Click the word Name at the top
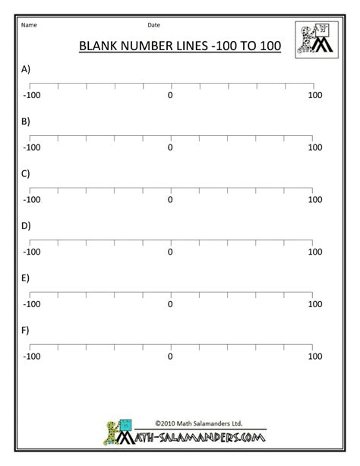(x=30, y=25)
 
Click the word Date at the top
(x=153, y=25)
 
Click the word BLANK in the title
(x=101, y=47)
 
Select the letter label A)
(x=26, y=69)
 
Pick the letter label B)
(x=26, y=121)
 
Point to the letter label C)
(x=26, y=173)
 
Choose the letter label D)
(x=26, y=226)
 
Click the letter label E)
(x=26, y=278)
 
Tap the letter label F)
(x=26, y=330)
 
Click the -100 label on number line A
(x=31, y=95)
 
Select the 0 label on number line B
(x=170, y=147)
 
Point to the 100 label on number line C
(x=315, y=200)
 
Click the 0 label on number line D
(x=170, y=252)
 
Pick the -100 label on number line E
(x=31, y=304)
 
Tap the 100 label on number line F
(x=315, y=356)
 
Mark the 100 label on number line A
(x=315, y=95)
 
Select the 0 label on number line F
(x=170, y=356)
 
